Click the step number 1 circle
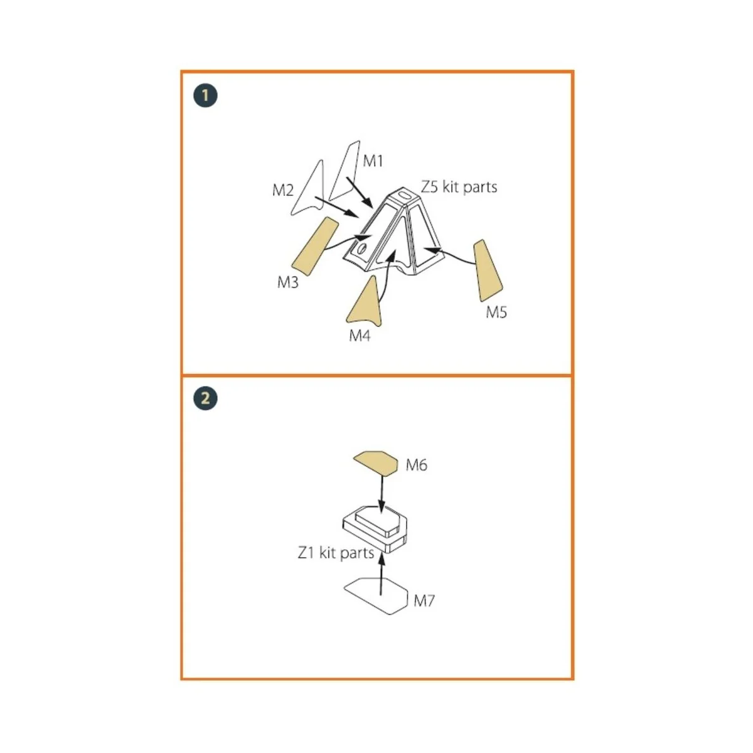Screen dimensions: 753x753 pyautogui.click(x=205, y=96)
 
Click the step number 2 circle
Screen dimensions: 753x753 pyautogui.click(x=205, y=398)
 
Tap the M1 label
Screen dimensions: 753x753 pyautogui.click(x=373, y=161)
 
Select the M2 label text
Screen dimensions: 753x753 pyautogui.click(x=282, y=190)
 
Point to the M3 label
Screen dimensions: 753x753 pyautogui.click(x=287, y=282)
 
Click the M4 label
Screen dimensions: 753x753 pyautogui.click(x=360, y=335)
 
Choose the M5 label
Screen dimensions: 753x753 pyautogui.click(x=496, y=312)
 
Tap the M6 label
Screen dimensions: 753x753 pyautogui.click(x=417, y=465)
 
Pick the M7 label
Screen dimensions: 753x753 pyautogui.click(x=424, y=601)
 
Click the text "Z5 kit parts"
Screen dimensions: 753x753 pyautogui.click(x=459, y=187)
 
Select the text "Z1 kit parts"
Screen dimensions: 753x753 pyautogui.click(x=336, y=553)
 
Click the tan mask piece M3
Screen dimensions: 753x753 pyautogui.click(x=314, y=247)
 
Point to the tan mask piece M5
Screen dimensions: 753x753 pyautogui.click(x=488, y=270)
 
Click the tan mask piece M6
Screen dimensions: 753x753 pyautogui.click(x=376, y=462)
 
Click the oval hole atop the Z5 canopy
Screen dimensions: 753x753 pyautogui.click(x=403, y=194)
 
